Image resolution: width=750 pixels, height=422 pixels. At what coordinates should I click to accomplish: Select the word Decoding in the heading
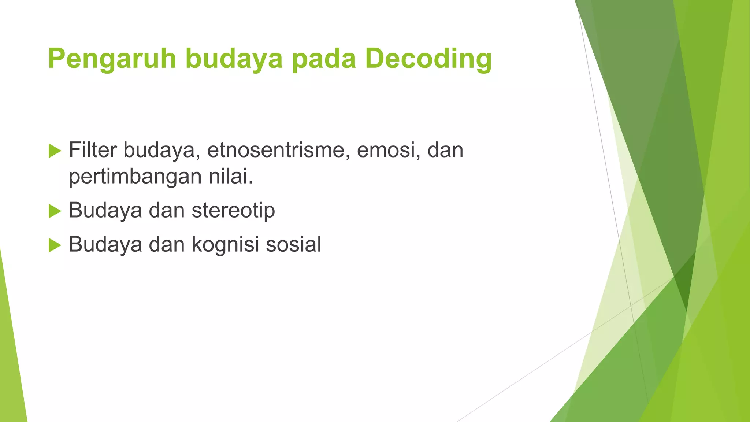[x=428, y=59]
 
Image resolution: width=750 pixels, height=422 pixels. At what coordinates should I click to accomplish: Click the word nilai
[x=231, y=176]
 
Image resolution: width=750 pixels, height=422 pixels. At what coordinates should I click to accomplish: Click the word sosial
[x=293, y=244]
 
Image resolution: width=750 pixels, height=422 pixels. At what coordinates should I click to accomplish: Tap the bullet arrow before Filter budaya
[x=55, y=151]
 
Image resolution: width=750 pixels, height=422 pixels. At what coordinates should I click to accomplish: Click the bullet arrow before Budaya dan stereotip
[x=55, y=211]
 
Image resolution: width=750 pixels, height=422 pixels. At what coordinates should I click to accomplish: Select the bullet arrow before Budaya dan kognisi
[x=55, y=245]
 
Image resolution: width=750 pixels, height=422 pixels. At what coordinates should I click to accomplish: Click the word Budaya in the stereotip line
[x=105, y=211]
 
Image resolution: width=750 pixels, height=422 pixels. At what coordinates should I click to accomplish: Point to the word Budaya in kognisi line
[x=105, y=244]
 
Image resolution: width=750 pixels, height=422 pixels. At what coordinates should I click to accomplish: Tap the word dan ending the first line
[x=445, y=150]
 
